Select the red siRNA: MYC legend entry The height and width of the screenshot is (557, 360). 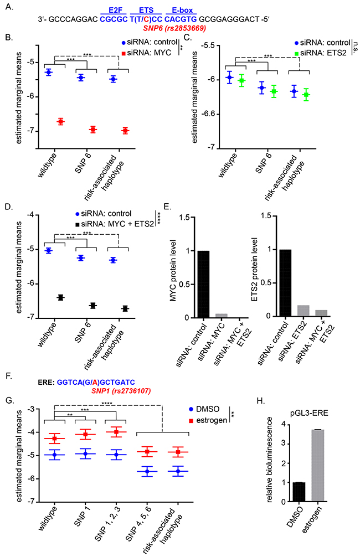pyautogui.click(x=148, y=53)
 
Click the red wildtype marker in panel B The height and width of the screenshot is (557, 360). pyautogui.click(x=61, y=121)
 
